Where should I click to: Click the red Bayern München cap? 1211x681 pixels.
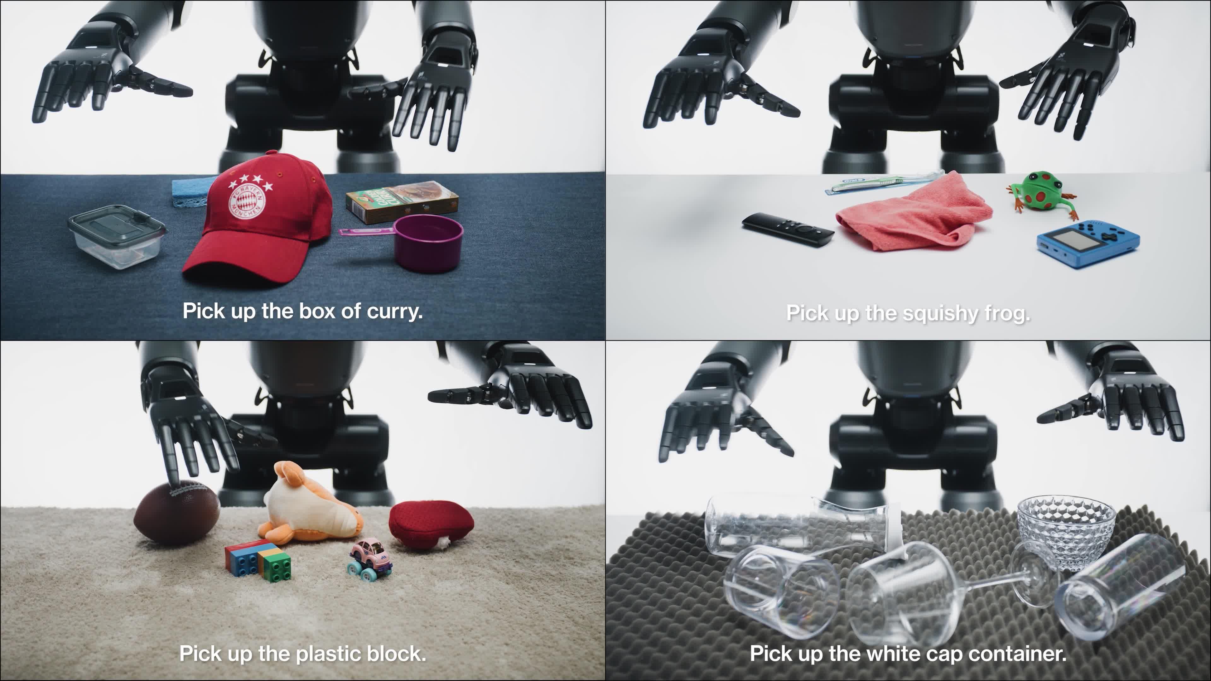point(263,226)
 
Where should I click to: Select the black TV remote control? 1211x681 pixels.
point(787,228)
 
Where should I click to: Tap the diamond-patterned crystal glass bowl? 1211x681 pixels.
point(1066,531)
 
